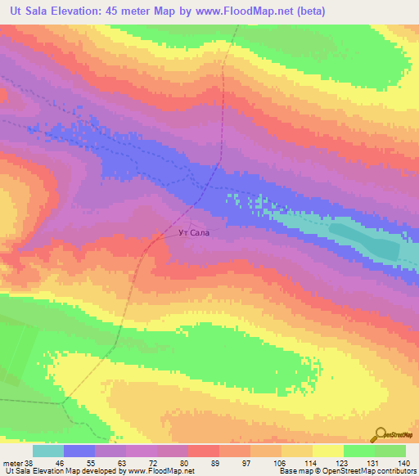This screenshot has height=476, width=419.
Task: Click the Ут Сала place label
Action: click(x=194, y=233)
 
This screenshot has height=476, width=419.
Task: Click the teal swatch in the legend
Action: click(x=48, y=451)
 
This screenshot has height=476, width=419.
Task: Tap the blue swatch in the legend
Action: click(x=79, y=451)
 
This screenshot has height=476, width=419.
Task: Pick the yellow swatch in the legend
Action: click(x=327, y=451)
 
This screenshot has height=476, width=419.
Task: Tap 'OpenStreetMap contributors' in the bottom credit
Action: click(x=375, y=471)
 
